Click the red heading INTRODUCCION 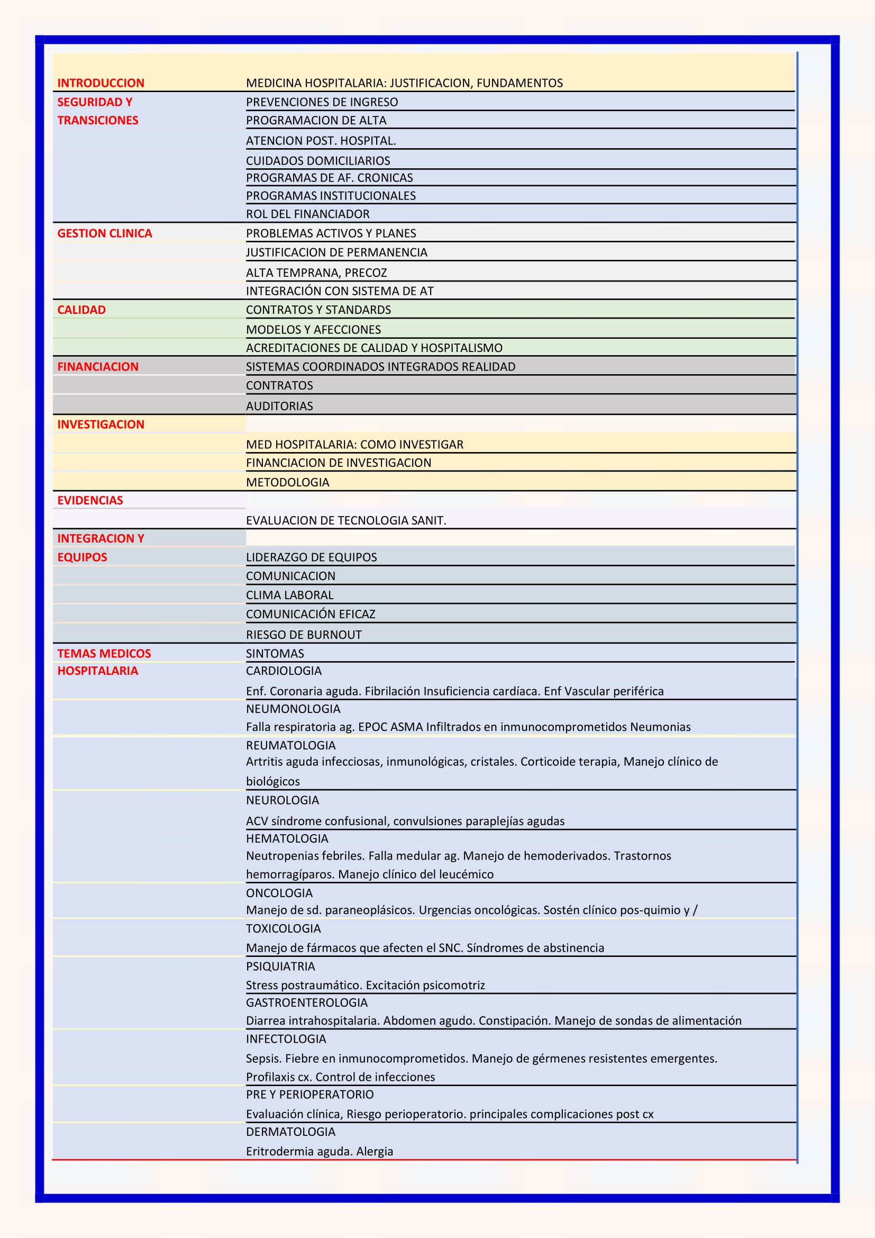pyautogui.click(x=101, y=83)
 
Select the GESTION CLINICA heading pyautogui.click(x=105, y=233)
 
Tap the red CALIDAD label pyautogui.click(x=81, y=310)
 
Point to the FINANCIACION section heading pyautogui.click(x=97, y=367)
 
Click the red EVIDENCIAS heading pyautogui.click(x=90, y=500)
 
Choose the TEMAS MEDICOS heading pyautogui.click(x=104, y=654)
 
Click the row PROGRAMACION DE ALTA pyautogui.click(x=316, y=120)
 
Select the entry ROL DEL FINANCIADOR pyautogui.click(x=308, y=214)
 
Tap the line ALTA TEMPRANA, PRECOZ pyautogui.click(x=316, y=273)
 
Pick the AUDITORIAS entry pyautogui.click(x=279, y=406)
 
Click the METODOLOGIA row pyautogui.click(x=287, y=483)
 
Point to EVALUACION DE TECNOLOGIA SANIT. pyautogui.click(x=346, y=520)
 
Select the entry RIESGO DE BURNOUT pyautogui.click(x=304, y=635)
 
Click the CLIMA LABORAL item pyautogui.click(x=289, y=595)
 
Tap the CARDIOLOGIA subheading pyautogui.click(x=284, y=671)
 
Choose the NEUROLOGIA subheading pyautogui.click(x=282, y=800)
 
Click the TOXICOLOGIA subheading pyautogui.click(x=283, y=928)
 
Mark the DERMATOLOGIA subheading pyautogui.click(x=290, y=1132)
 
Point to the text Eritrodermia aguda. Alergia pyautogui.click(x=320, y=1151)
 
